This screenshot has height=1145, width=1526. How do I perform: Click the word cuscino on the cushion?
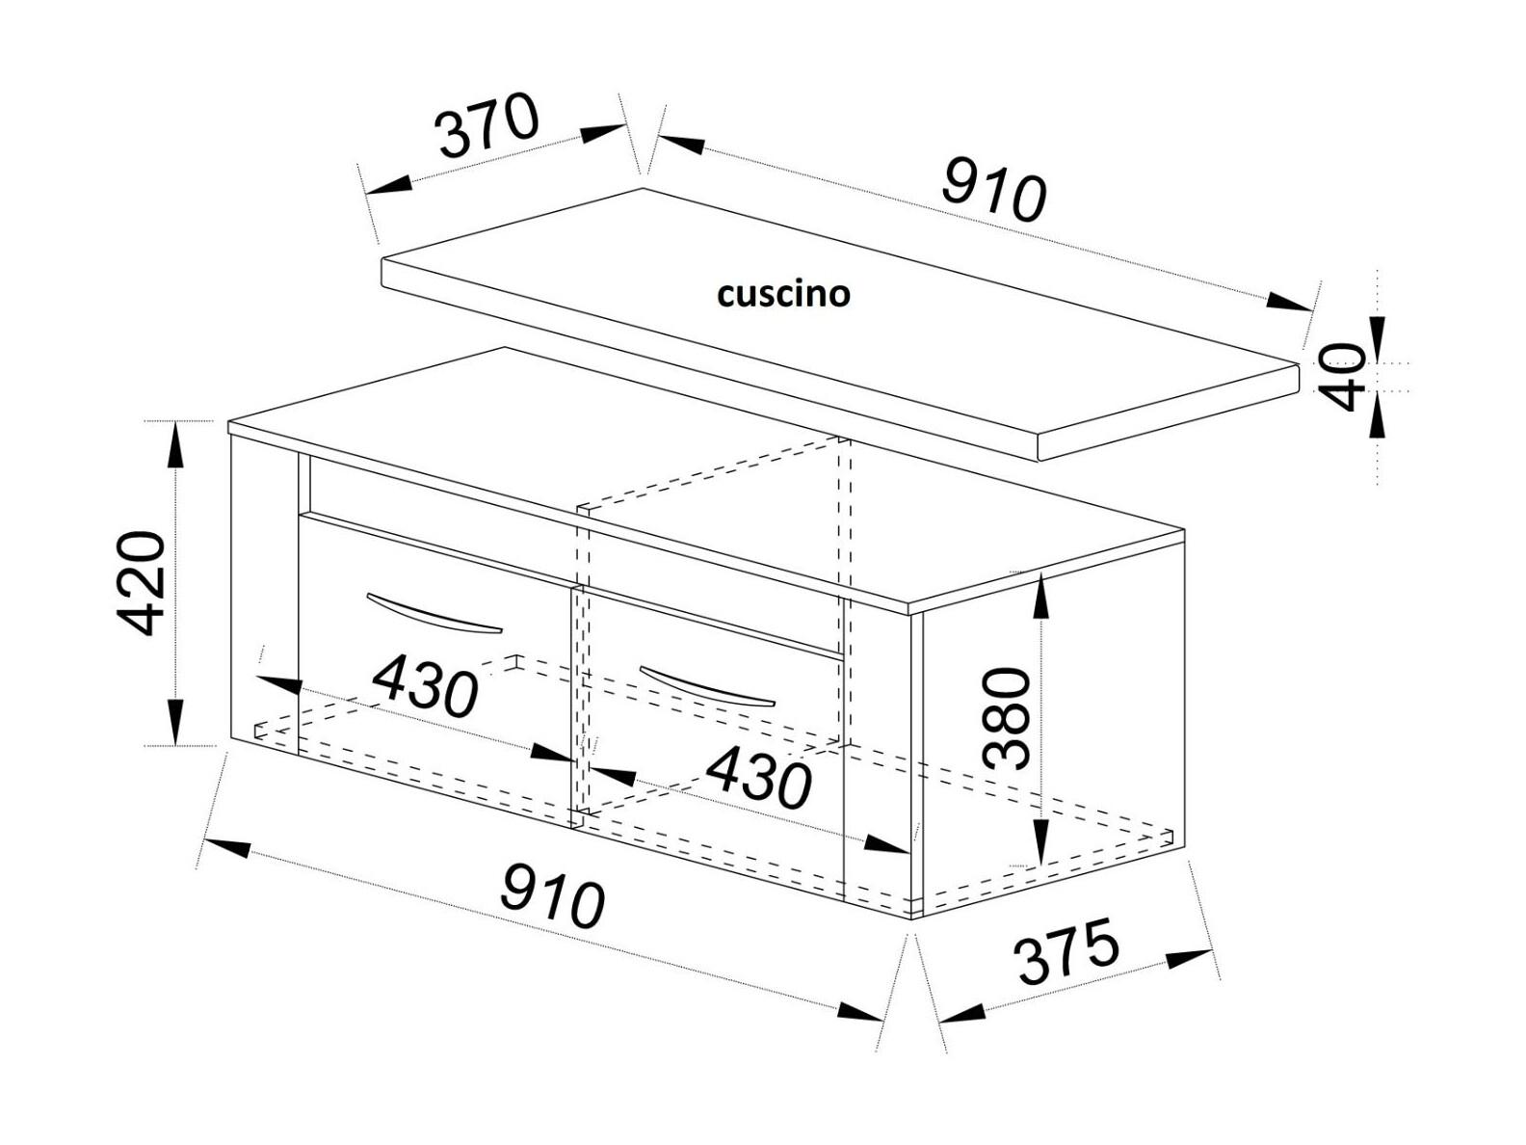[783, 294]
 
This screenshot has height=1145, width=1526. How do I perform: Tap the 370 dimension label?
[487, 126]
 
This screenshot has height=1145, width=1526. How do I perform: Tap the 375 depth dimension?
[1068, 951]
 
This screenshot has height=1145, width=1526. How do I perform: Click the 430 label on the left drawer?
[425, 687]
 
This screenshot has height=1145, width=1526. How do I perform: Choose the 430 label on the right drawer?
[758, 779]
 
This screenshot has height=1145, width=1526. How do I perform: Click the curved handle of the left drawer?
[434, 614]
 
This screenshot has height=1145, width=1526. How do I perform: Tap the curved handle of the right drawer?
[707, 687]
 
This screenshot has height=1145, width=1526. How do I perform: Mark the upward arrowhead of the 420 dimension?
[176, 445]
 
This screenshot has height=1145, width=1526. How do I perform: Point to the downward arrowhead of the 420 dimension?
[176, 722]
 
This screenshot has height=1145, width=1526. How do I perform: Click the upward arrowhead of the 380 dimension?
[1040, 595]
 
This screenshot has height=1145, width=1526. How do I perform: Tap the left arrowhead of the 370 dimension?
[388, 184]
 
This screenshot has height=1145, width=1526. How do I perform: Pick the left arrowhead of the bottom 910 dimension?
[226, 847]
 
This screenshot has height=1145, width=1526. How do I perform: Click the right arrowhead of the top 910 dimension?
[1288, 302]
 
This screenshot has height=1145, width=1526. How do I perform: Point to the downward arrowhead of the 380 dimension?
[1040, 842]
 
